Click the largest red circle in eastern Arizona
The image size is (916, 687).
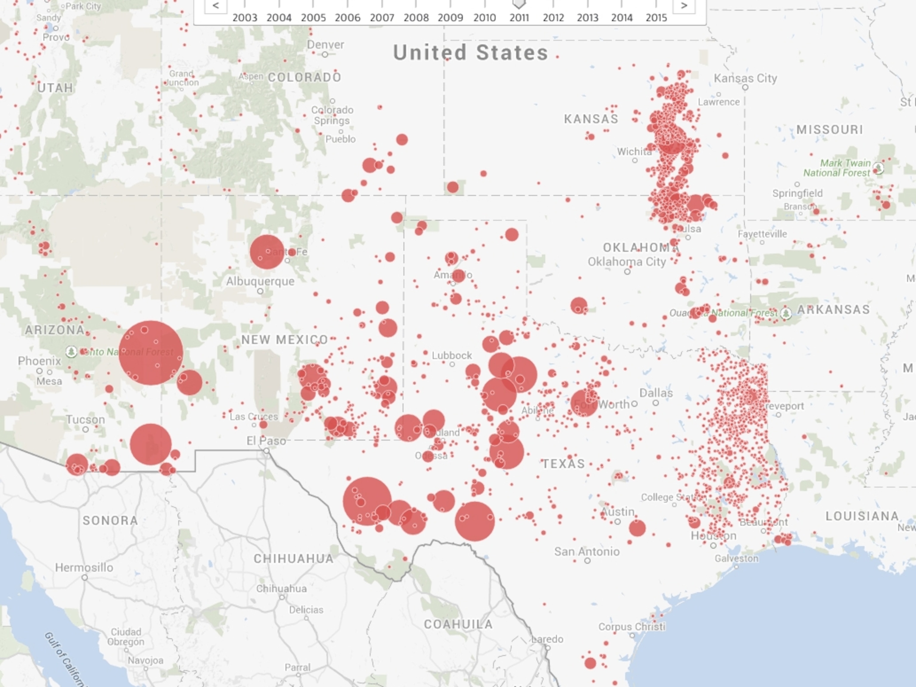151,353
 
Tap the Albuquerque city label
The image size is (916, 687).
260,281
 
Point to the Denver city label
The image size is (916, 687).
326,45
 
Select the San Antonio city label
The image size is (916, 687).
587,551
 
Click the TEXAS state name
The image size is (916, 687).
564,463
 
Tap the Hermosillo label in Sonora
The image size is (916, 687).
84,567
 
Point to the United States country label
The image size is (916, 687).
471,52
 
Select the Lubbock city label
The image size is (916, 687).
452,356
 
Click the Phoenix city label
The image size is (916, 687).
39,361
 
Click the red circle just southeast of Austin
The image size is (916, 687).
637,528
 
